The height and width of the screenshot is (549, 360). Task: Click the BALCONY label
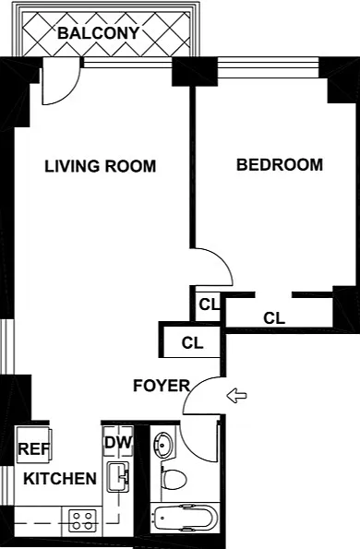pos(99,33)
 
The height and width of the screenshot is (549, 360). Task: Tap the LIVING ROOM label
pos(101,166)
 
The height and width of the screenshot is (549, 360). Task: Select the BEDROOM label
pos(280,164)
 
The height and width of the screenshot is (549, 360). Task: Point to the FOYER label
pos(162,386)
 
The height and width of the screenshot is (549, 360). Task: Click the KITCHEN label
pos(60,479)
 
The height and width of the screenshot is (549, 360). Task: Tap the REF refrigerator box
pos(34,445)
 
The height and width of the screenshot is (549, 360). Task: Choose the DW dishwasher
pos(118,441)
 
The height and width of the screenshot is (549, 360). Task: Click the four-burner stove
pos(82,520)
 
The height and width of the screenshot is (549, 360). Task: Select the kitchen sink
pos(118,477)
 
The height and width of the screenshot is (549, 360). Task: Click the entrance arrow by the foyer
pos(236,396)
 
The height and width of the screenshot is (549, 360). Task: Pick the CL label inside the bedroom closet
pos(274,318)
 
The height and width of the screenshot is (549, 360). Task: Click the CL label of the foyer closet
pos(192,342)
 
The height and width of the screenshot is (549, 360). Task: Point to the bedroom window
pos(269,67)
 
